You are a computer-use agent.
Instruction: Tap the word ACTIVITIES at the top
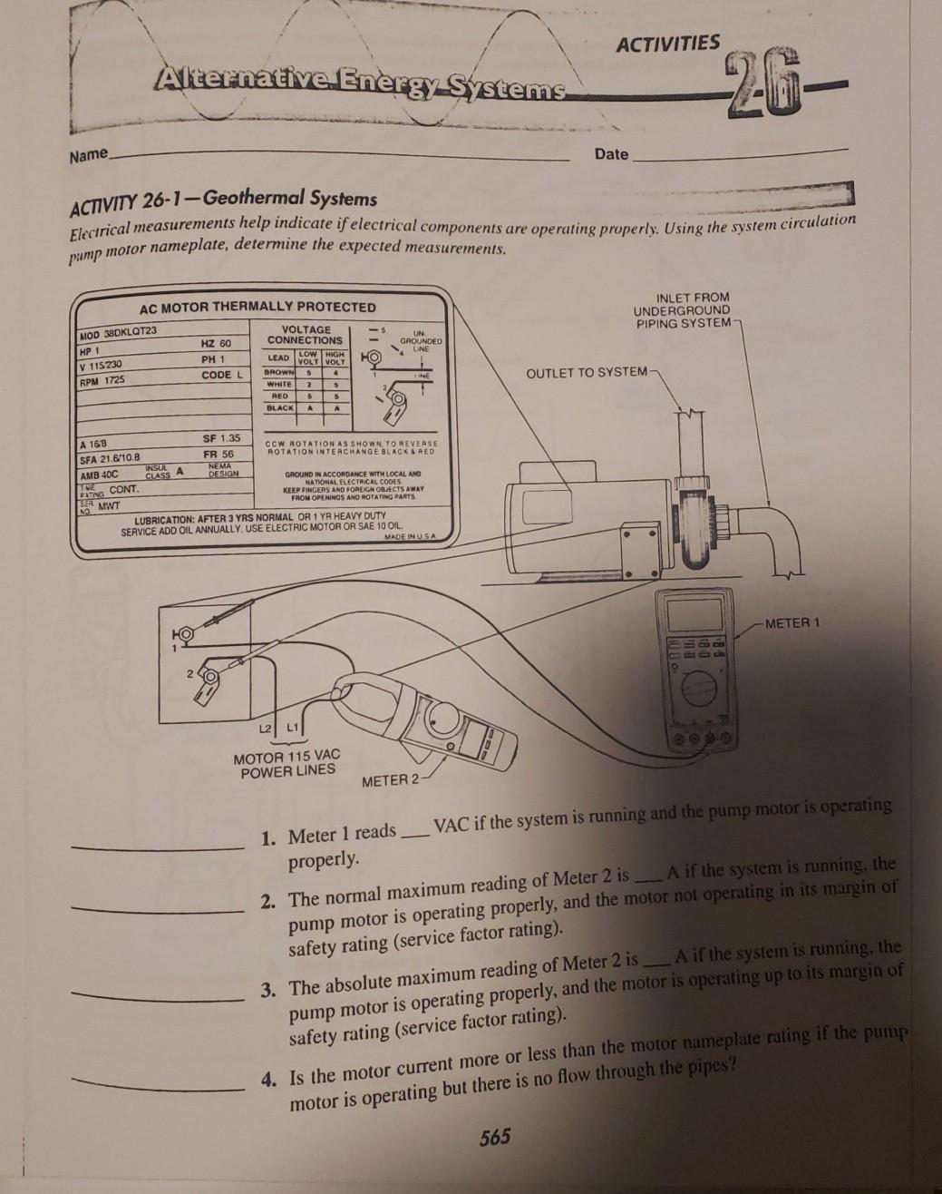point(668,44)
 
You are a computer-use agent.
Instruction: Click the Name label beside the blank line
point(88,154)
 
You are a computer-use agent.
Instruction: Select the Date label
point(611,154)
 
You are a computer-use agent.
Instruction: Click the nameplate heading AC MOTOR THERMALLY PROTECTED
point(257,307)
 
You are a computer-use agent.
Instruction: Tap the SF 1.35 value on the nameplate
point(221,438)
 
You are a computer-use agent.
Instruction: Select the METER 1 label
point(791,623)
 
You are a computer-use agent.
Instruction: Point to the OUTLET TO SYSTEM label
point(587,372)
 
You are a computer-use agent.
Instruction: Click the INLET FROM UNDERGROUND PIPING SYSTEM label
point(684,310)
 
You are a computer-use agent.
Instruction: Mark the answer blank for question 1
point(160,847)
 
